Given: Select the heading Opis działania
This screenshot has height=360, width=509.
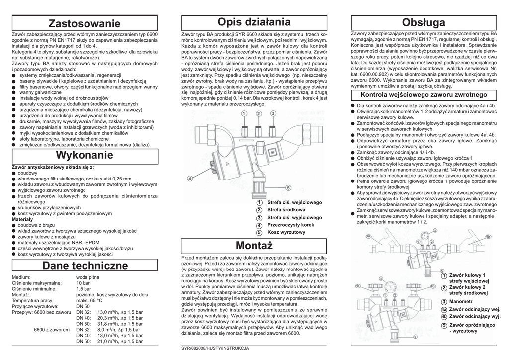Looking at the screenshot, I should click(254, 22).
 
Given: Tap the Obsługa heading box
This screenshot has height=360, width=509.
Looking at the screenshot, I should click(424, 23).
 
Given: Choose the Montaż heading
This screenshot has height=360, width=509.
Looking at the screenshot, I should click(254, 245).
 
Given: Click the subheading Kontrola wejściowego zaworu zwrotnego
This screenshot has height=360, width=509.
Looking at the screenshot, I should click(424, 94).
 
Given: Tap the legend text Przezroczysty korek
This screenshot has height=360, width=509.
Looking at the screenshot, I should click(291, 225).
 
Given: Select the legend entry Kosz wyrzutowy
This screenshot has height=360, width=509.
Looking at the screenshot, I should click(286, 232).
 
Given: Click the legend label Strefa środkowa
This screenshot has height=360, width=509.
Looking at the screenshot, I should click(286, 210).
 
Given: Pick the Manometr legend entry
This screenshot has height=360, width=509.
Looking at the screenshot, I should click(461, 301).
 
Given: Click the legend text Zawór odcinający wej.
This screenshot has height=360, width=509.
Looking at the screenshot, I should click(475, 309).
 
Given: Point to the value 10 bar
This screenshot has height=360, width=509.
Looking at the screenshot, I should click(83, 282).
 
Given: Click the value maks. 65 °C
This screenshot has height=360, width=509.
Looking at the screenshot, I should click(89, 300).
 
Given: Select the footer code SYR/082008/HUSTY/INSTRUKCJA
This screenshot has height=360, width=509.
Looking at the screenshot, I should click(215, 348).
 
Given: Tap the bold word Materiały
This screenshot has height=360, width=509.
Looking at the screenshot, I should click(22, 219).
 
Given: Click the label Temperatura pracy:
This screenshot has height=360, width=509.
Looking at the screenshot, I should click(33, 300).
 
